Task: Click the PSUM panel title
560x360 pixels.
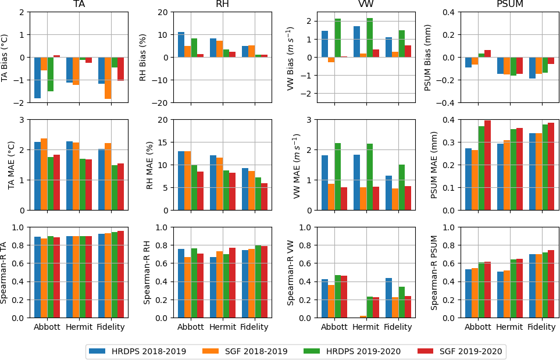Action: tap(511, 5)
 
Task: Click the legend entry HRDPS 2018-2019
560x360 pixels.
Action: tap(136, 351)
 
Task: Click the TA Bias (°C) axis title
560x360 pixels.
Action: tap(5, 57)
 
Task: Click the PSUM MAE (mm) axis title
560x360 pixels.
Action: tap(434, 165)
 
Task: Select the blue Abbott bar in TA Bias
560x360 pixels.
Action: tap(37, 77)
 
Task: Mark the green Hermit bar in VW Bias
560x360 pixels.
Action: tap(369, 38)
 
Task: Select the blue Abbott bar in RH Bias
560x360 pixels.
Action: tap(181, 45)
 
